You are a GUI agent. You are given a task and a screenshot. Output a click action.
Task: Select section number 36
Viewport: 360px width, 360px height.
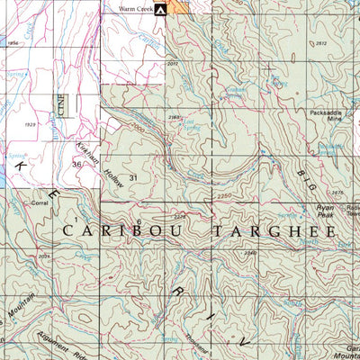click(76, 165)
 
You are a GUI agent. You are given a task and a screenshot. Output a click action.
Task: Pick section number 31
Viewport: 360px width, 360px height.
click(134, 178)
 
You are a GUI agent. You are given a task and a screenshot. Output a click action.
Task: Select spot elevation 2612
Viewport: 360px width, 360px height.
click(321, 42)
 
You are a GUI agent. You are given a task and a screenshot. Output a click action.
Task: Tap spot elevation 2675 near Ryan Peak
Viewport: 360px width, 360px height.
click(337, 193)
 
